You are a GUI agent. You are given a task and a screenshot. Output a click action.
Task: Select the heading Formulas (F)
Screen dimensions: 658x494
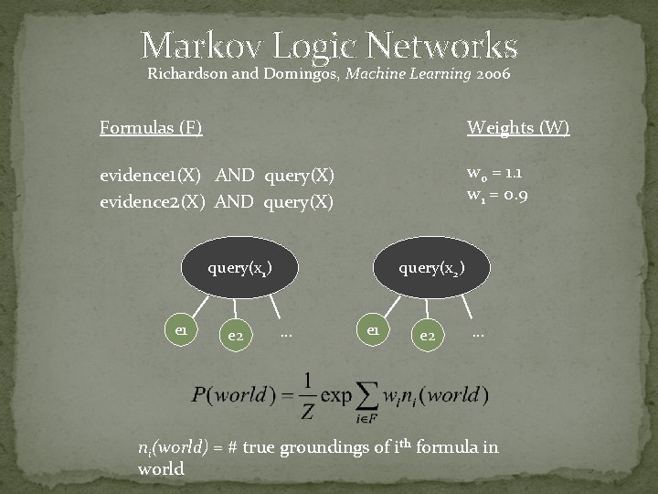point(151,127)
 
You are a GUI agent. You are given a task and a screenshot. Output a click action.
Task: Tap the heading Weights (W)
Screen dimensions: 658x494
point(518,127)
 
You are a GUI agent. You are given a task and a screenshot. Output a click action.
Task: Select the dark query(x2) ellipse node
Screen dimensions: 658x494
point(430,269)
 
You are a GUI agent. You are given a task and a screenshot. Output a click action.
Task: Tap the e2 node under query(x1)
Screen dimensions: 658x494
point(235,337)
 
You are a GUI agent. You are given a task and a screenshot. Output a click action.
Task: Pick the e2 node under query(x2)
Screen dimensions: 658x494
point(426,337)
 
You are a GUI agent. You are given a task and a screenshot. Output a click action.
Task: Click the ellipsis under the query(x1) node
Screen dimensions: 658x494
point(286,334)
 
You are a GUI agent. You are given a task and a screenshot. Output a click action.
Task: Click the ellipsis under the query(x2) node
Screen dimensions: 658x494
point(477,334)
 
